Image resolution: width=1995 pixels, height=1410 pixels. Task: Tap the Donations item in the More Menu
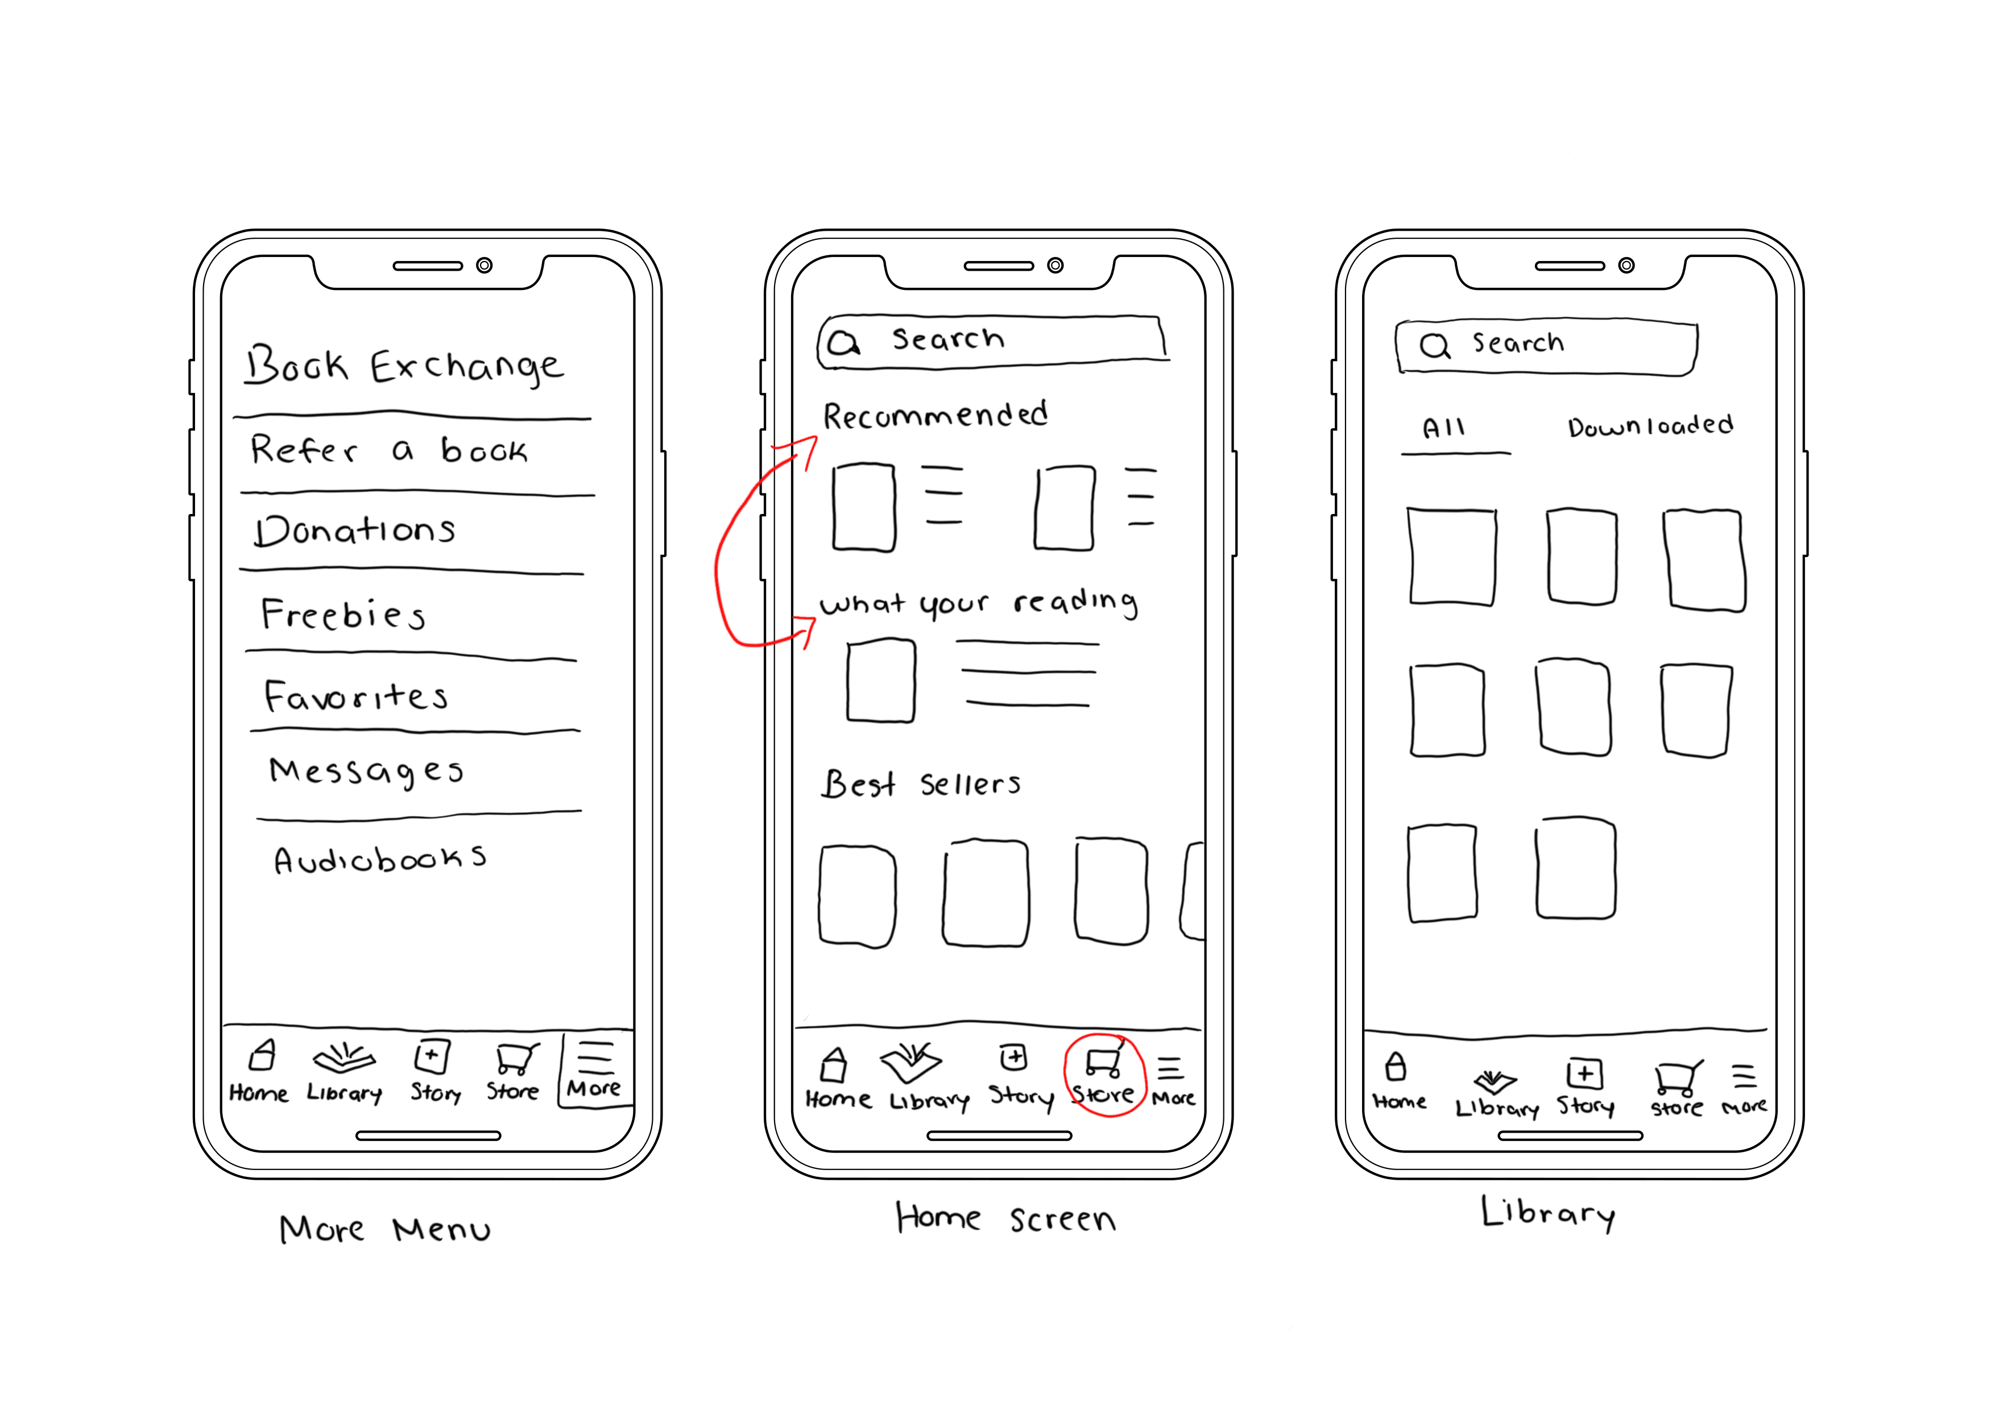click(x=354, y=529)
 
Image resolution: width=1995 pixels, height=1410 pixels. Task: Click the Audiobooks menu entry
click(x=380, y=859)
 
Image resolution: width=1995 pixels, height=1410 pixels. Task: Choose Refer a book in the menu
click(x=388, y=449)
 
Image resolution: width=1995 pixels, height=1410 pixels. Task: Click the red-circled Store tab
click(x=1103, y=1076)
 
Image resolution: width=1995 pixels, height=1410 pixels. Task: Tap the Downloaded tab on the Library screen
click(x=1650, y=426)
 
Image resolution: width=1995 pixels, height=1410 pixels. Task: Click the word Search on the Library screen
click(x=1518, y=343)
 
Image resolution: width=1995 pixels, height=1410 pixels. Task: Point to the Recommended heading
click(x=935, y=415)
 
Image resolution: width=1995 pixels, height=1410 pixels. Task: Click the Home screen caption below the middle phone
click(x=1005, y=1217)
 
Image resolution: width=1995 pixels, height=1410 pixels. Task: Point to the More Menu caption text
click(x=385, y=1229)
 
